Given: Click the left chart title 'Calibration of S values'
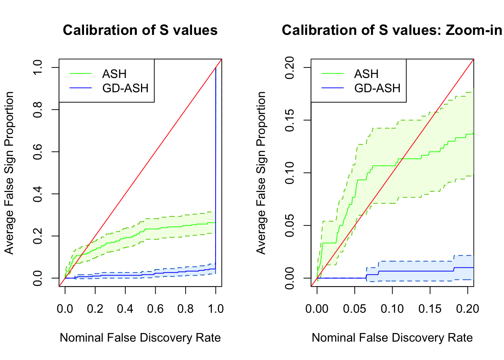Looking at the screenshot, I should tap(140, 30).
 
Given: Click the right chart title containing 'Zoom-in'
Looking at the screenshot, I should tap(392, 30).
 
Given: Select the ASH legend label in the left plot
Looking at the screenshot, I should tap(114, 74).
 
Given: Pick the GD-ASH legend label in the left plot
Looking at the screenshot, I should tap(125, 88).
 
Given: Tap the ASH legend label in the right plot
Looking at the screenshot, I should tap(366, 74).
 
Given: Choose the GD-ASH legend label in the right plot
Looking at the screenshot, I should tap(377, 88).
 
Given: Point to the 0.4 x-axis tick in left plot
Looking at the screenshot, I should tap(125, 309).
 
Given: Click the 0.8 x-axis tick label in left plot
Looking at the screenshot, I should tap(185, 309).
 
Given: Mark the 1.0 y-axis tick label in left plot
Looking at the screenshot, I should tap(37, 68).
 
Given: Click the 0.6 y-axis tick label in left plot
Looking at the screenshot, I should tap(37, 152).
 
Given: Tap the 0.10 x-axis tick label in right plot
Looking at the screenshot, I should tap(392, 309).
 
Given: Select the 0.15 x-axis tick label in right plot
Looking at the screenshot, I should tap(430, 309).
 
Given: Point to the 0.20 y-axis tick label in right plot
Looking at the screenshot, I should tap(289, 68).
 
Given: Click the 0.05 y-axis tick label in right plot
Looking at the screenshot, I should tap(289, 225).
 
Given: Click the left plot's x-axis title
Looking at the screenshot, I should tap(140, 337).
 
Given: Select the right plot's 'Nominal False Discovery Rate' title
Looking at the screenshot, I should tap(392, 337).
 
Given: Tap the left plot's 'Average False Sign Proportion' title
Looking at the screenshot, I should tap(9, 173).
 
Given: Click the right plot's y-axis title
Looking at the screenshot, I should tap(261, 173).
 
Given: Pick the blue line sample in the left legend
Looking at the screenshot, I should tap(81, 88).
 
